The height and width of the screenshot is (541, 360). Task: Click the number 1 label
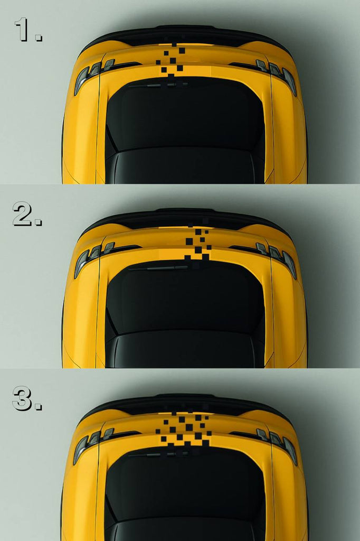(22, 30)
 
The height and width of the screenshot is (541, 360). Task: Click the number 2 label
(22, 214)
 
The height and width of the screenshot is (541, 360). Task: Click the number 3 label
(22, 398)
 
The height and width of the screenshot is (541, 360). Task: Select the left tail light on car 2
(93, 259)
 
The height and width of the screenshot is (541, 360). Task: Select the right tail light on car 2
(276, 259)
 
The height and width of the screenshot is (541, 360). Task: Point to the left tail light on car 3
(93, 445)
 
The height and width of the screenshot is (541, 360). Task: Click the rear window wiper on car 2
(158, 268)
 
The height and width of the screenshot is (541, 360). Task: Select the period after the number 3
(39, 406)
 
